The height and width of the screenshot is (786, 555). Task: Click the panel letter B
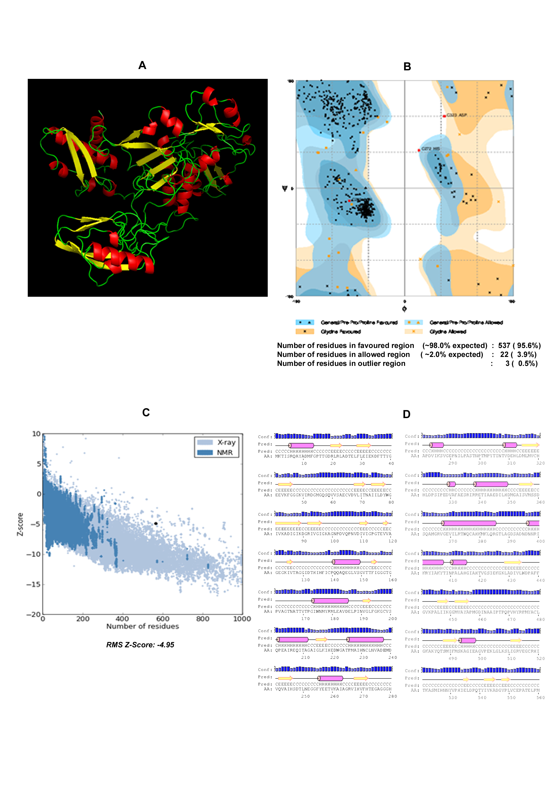coord(407,67)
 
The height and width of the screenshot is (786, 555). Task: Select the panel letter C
coord(146,412)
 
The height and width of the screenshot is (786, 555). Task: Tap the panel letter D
coord(406,415)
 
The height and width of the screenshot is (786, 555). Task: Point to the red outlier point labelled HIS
coord(419,150)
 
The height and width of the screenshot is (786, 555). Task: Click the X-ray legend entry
coord(216,442)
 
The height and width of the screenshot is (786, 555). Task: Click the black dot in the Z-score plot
coord(156,523)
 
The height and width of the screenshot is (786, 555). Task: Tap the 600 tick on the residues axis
coord(163,619)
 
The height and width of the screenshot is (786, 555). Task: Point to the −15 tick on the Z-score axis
coord(34,584)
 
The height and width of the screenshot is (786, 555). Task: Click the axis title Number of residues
coord(143,626)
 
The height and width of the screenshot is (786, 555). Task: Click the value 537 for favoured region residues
coord(504,345)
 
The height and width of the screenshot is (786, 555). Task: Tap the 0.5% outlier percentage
coord(528,364)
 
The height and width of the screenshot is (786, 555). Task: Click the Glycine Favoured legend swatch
coord(304,331)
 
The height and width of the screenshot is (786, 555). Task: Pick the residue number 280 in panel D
coord(393,696)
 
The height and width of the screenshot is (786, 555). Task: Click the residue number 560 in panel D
coord(540,698)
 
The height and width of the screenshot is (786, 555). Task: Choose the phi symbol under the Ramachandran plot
coord(405,309)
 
